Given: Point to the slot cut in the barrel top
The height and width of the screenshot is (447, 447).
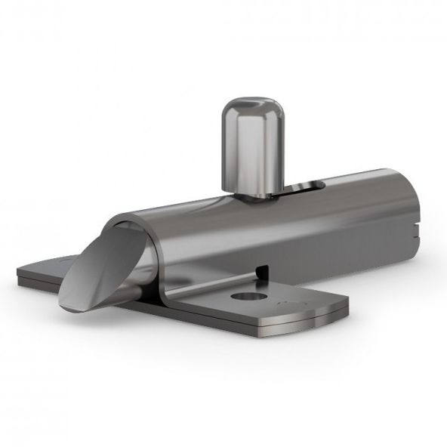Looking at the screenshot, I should tap(302, 187).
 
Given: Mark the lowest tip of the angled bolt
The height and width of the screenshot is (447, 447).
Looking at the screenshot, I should tap(66, 309).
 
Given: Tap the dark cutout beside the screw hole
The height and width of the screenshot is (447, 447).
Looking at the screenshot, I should tap(261, 269).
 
